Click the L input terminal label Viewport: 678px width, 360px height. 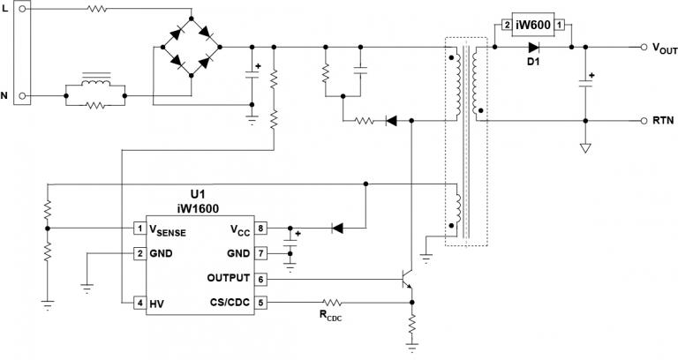[x=6, y=8]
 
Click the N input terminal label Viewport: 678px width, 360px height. [x=6, y=94]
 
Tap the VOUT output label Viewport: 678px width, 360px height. [x=664, y=49]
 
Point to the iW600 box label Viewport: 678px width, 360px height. [x=533, y=26]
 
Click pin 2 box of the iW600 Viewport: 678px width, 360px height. [x=504, y=26]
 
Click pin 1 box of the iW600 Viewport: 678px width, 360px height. [x=559, y=26]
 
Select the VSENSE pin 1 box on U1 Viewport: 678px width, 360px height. [x=139, y=229]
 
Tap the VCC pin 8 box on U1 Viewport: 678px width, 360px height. [x=260, y=229]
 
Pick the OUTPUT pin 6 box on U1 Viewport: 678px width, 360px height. [x=260, y=279]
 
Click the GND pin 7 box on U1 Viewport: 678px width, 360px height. [x=260, y=254]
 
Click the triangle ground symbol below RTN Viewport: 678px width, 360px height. [x=584, y=147]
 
